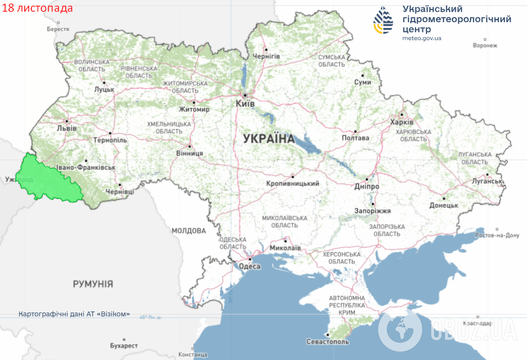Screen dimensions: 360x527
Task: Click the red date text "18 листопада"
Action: tap(38, 8)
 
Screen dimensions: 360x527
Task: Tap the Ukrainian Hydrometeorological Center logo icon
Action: tap(384, 21)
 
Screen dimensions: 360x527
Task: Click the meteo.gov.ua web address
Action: tap(421, 39)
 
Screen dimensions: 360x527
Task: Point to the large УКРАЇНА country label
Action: tap(269, 139)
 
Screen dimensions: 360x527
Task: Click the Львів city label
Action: tap(67, 128)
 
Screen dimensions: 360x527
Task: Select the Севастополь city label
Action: tap(328, 341)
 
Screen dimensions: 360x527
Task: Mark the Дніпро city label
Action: tap(367, 187)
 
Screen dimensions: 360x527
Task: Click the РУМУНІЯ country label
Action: tap(93, 284)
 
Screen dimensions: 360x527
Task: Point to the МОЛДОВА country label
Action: tap(188, 230)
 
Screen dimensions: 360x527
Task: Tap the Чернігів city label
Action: tap(266, 56)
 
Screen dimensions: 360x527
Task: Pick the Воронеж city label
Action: tap(485, 45)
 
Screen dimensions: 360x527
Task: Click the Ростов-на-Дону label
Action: tap(497, 235)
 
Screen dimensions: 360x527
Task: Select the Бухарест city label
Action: tap(124, 346)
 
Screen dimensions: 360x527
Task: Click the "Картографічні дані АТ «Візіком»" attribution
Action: tap(74, 313)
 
